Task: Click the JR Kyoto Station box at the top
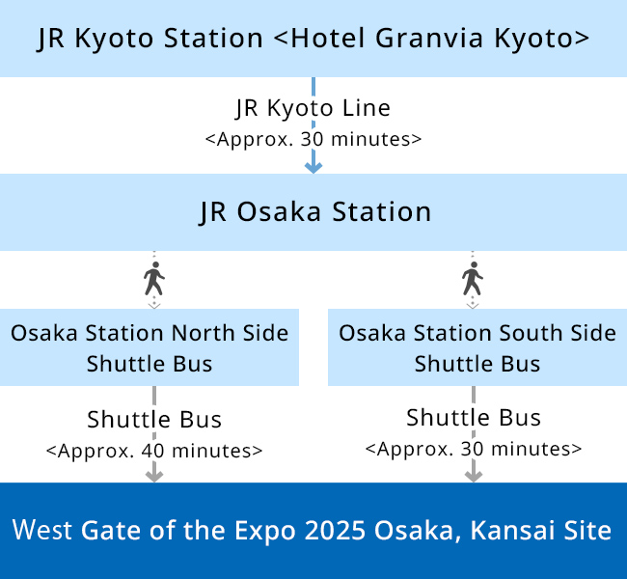pyautogui.click(x=313, y=39)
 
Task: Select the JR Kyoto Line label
pyautogui.click(x=313, y=108)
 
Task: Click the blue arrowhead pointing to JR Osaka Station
pyautogui.click(x=313, y=168)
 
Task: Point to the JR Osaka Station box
pyautogui.click(x=313, y=212)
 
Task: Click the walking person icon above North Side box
pyautogui.click(x=154, y=279)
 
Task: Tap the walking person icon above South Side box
pyautogui.click(x=473, y=279)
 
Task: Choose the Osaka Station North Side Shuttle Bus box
pyautogui.click(x=150, y=347)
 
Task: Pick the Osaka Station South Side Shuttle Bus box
pyautogui.click(x=477, y=347)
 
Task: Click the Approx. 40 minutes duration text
pyautogui.click(x=154, y=451)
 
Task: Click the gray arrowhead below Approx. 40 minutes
pyautogui.click(x=154, y=476)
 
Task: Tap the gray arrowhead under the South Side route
pyautogui.click(x=474, y=476)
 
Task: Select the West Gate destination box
pyautogui.click(x=313, y=531)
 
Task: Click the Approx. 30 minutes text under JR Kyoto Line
pyautogui.click(x=313, y=139)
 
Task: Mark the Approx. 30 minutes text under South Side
pyautogui.click(x=474, y=449)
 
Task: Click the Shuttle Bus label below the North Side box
pyautogui.click(x=154, y=420)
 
